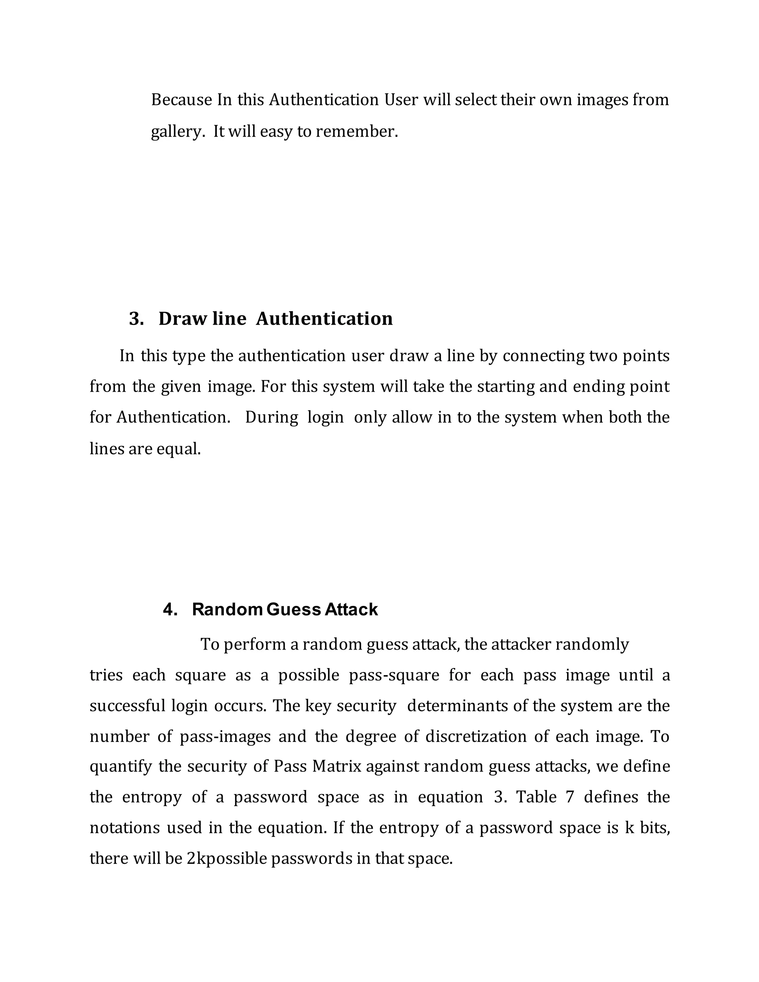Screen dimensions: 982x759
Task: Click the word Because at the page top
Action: pos(181,100)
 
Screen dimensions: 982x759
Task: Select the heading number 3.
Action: pos(136,319)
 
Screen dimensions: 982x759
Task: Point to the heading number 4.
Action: pos(170,610)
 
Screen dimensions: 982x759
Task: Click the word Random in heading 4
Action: pos(227,610)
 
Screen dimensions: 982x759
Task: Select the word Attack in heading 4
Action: pos(351,610)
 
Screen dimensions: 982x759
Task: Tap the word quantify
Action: pos(120,767)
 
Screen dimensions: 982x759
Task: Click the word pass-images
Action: pos(225,737)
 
